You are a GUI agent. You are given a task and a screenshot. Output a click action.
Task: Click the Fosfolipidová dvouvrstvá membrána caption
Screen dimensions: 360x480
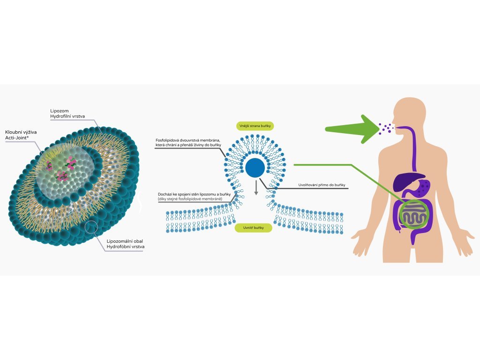click(x=188, y=143)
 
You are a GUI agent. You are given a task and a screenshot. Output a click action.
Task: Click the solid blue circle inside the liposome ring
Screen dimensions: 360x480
click(x=255, y=167)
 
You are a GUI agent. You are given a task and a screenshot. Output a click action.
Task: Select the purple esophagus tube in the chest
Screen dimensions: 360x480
click(x=414, y=150)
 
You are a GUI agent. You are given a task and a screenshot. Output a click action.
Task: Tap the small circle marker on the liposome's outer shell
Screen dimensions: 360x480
click(x=91, y=227)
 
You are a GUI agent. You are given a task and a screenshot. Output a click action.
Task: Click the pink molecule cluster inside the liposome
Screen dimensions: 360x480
click(x=62, y=176)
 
